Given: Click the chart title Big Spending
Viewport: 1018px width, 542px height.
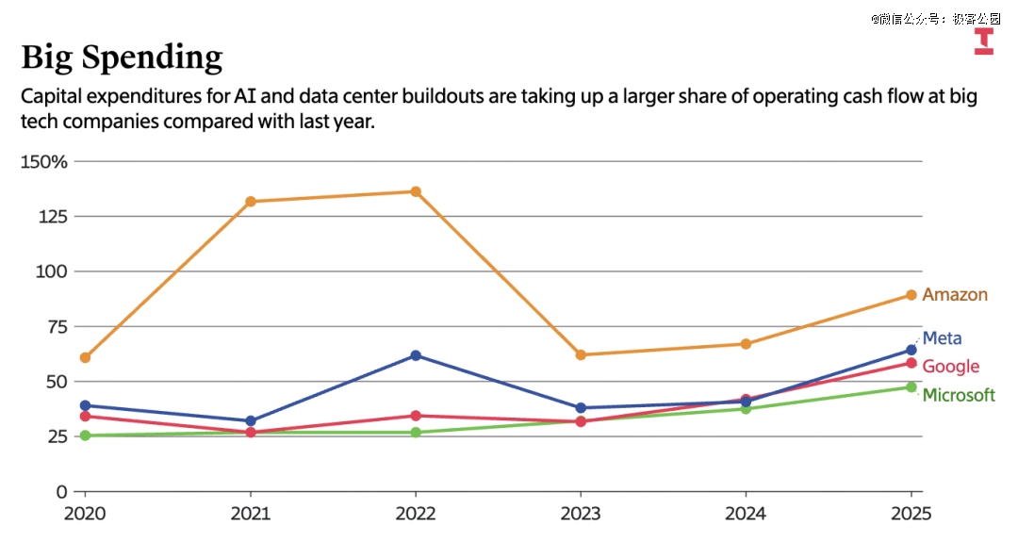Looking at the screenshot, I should [x=122, y=57].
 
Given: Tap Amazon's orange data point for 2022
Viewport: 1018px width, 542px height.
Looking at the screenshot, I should [x=416, y=191].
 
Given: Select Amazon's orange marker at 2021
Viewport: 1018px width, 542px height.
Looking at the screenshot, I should [x=251, y=202].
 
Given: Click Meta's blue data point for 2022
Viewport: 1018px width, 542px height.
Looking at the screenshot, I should [x=416, y=355].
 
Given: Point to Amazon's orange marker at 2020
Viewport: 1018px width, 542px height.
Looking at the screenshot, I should [x=86, y=357].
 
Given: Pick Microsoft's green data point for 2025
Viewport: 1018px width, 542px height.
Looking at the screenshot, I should [x=911, y=387].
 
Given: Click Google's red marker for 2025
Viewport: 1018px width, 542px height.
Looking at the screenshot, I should [x=911, y=363].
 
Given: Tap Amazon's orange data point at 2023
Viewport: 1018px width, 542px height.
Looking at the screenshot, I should [x=581, y=355].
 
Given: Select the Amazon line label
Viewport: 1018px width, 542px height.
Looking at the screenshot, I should [x=955, y=295].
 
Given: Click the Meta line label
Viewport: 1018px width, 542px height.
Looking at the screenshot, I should [x=942, y=338].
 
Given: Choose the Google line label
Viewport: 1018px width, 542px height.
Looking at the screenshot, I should [x=950, y=367].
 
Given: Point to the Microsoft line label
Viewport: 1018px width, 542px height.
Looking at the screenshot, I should [x=958, y=395].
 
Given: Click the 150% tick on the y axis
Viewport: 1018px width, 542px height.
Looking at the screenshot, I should [x=44, y=161].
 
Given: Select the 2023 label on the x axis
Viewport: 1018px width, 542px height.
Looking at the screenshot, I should [x=581, y=514].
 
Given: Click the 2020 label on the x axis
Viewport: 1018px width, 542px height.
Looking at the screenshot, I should [x=85, y=514].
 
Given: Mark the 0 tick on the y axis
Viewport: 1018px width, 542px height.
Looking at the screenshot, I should [x=62, y=491].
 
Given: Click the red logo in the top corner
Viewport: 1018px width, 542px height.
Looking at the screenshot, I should [x=983, y=41].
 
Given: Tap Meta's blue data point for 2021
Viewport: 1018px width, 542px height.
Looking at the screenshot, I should [x=251, y=421].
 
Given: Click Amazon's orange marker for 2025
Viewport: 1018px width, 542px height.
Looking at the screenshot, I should [x=911, y=295].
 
